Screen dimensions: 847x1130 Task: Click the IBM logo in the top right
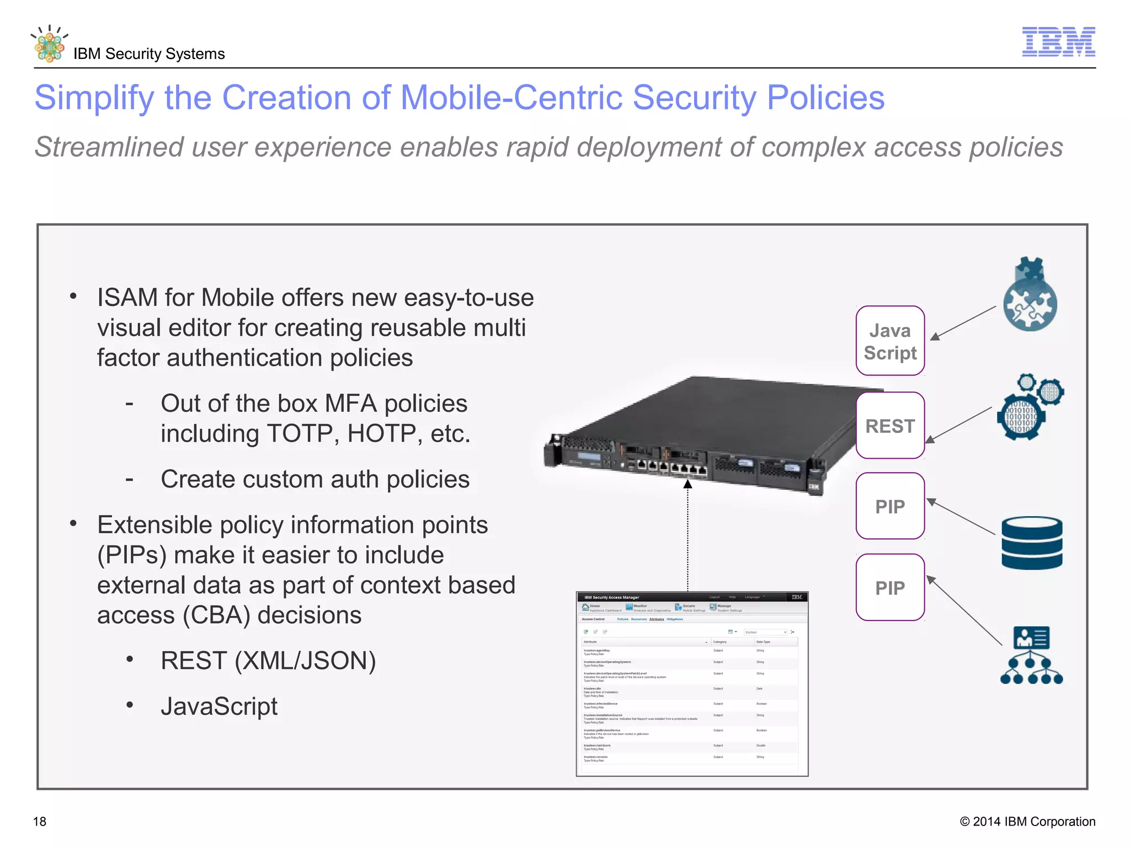(1058, 41)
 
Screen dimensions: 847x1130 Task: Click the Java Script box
(890, 341)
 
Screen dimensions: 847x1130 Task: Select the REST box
(890, 426)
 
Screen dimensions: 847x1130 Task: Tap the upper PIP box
(890, 506)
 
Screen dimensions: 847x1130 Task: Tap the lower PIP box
(890, 588)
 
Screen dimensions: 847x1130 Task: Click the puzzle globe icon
(1030, 295)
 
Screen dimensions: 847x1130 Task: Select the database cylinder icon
(1031, 543)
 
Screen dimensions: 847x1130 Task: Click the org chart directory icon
(1031, 656)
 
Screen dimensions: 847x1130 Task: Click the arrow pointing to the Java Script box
(963, 323)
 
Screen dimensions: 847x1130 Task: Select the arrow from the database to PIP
(961, 517)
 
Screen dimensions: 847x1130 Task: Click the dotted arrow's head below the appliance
(687, 485)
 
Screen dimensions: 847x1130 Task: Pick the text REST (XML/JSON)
(268, 661)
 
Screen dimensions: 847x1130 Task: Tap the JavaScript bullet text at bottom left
(219, 706)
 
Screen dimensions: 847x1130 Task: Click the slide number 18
(40, 822)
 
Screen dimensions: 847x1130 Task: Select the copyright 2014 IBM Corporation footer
(1027, 822)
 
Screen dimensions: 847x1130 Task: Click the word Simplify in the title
(94, 98)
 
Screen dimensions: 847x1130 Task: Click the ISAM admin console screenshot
(692, 684)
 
